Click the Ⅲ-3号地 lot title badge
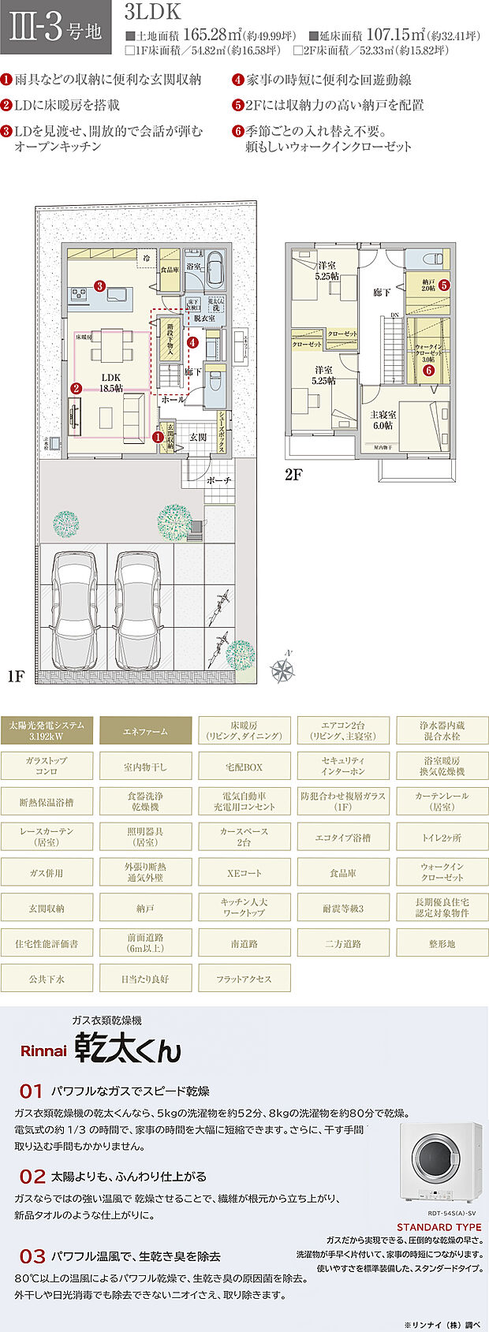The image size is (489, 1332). click(x=56, y=31)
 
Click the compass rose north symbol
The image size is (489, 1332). click(x=282, y=668)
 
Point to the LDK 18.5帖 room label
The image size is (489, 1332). click(x=111, y=382)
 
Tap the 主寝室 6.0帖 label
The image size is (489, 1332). click(x=383, y=420)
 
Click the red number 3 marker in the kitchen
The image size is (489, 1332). click(x=100, y=285)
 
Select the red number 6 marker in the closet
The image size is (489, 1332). click(x=428, y=369)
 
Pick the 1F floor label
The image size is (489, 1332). click(x=17, y=676)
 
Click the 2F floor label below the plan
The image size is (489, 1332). click(x=294, y=475)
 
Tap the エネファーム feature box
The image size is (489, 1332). click(x=145, y=731)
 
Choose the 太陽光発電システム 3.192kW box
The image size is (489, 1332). click(x=47, y=731)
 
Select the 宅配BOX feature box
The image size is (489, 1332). click(x=244, y=767)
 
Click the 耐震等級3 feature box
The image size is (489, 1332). click(x=342, y=908)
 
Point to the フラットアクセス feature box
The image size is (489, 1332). click(x=244, y=979)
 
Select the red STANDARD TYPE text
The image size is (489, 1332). click(x=439, y=1227)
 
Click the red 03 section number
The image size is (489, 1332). click(x=32, y=1256)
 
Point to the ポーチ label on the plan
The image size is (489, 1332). click(x=218, y=480)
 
